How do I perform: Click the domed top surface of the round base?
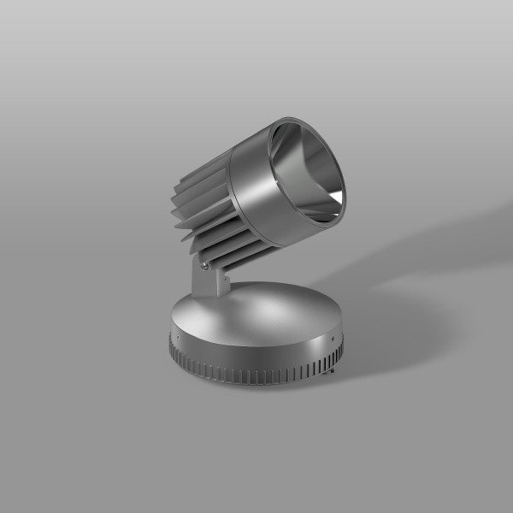[256, 312]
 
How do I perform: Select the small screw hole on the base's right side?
[324, 339]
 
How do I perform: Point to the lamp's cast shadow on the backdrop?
[402, 256]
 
